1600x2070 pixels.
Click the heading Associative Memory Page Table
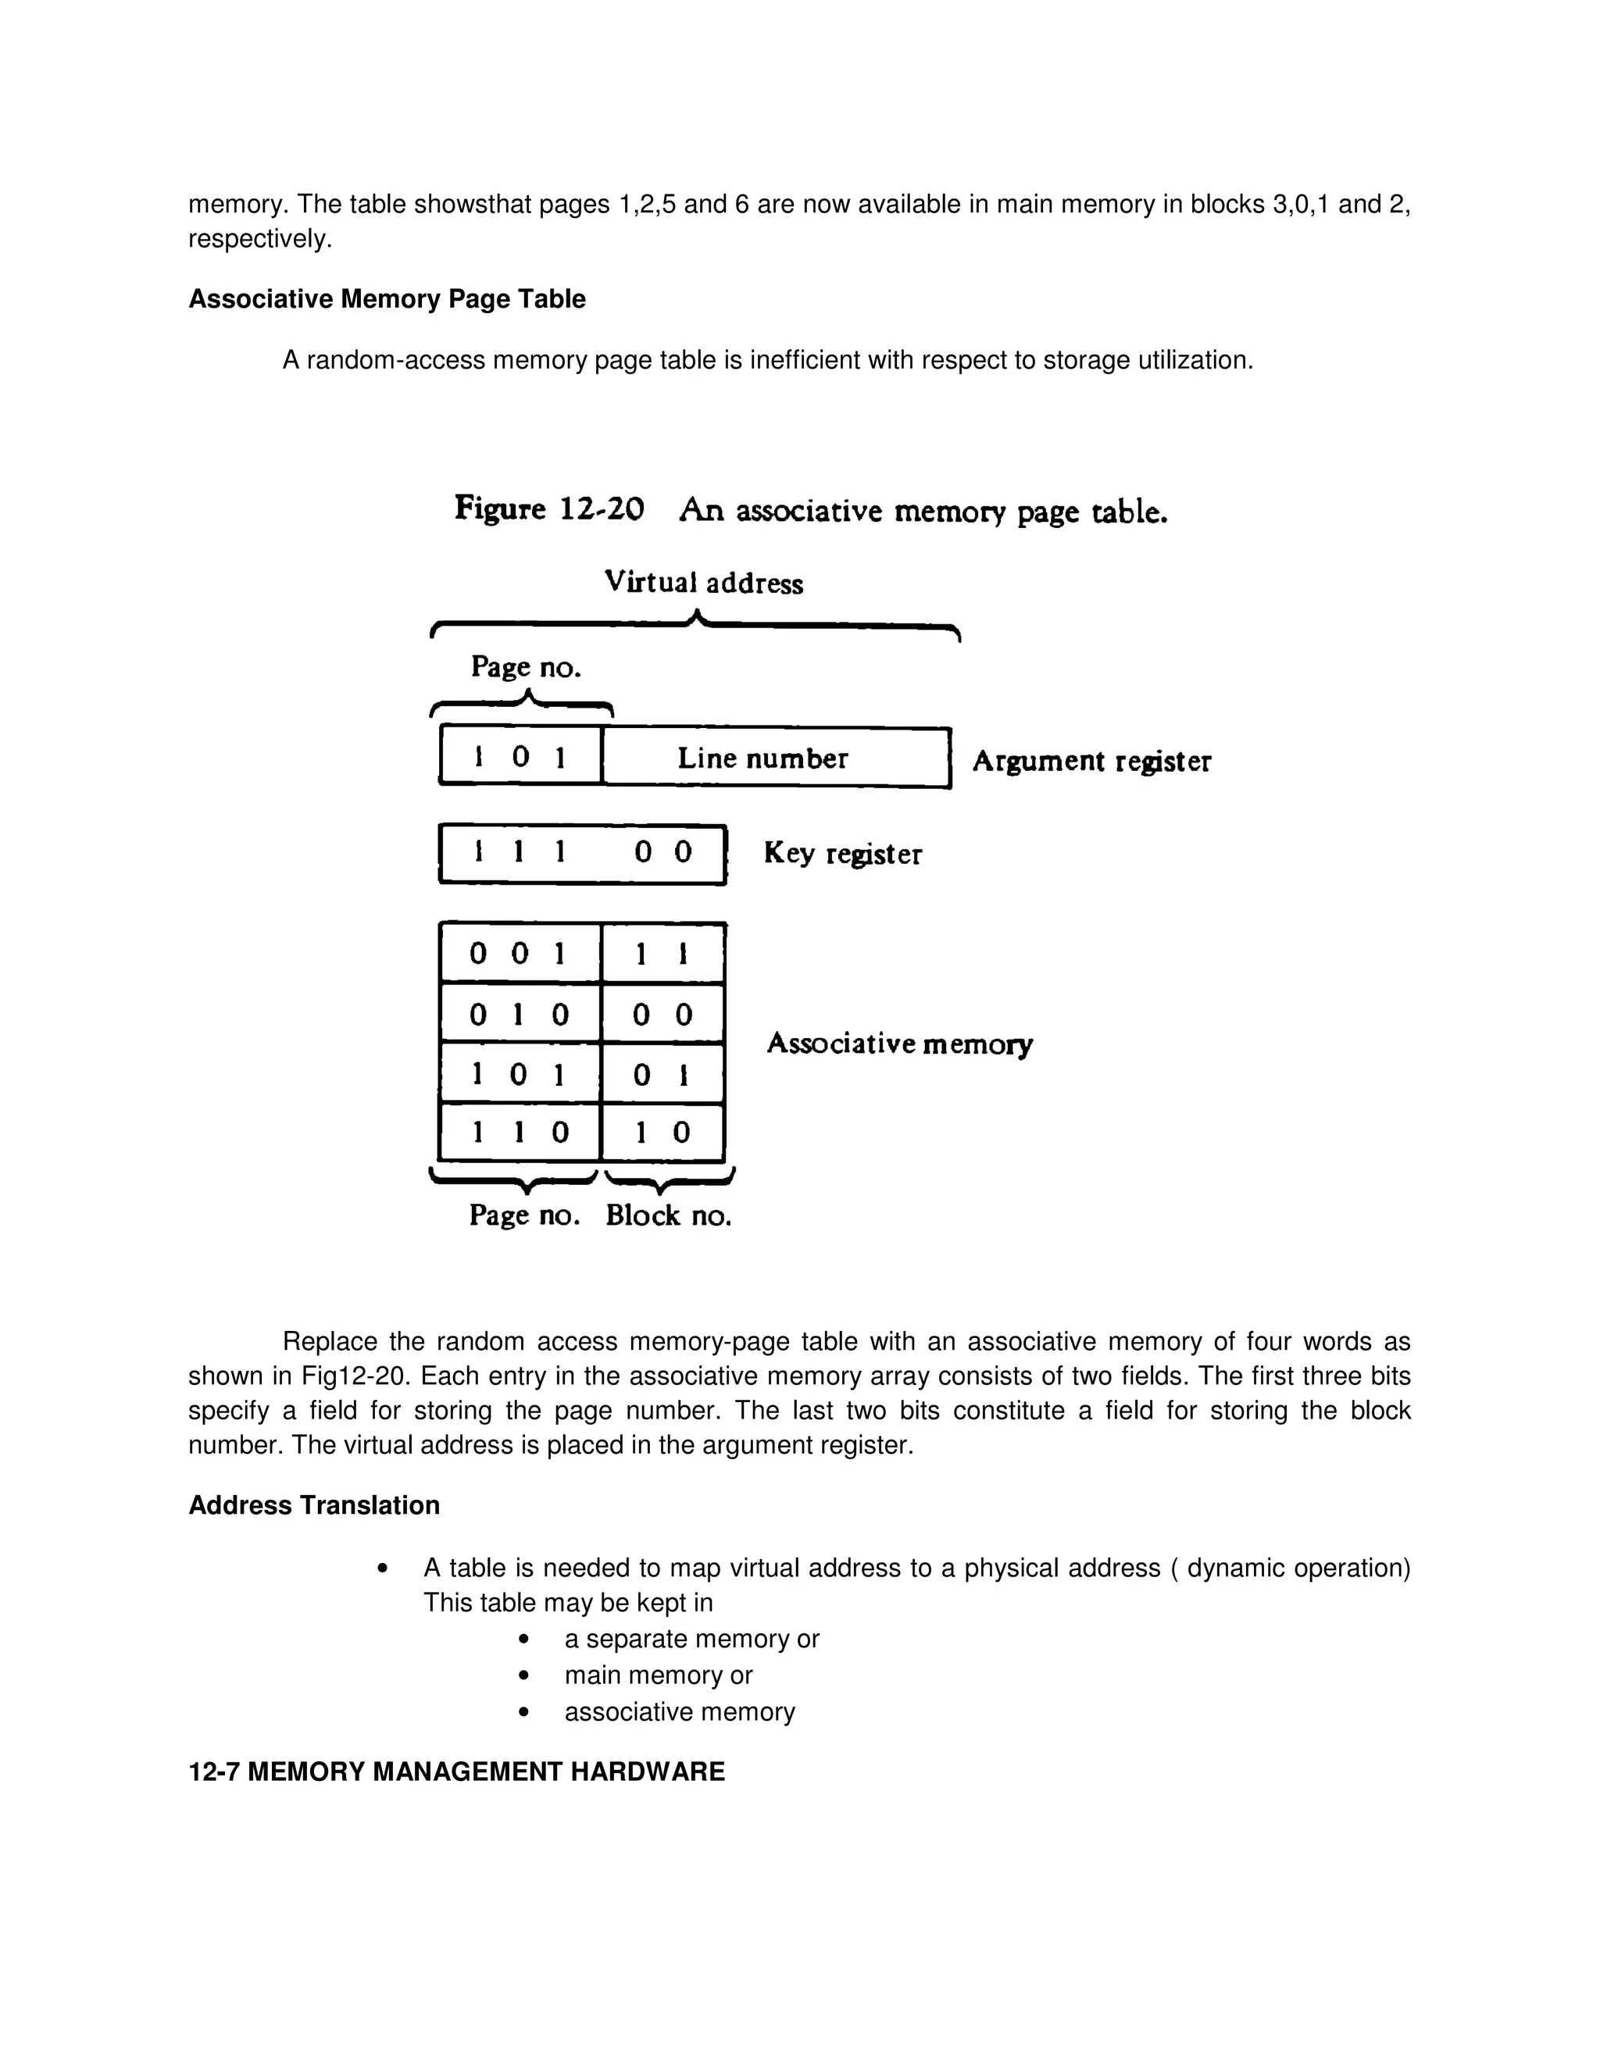pos(387,299)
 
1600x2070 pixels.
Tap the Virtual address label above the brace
pos(703,582)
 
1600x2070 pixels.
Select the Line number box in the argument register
pos(775,758)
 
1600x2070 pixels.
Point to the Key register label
pos(841,854)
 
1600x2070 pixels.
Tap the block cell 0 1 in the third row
pos(662,1075)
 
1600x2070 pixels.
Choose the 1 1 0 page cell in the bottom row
pos(519,1133)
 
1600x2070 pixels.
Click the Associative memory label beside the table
pos(898,1044)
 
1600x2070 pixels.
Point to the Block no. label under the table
pos(668,1216)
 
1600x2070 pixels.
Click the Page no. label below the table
pos(524,1216)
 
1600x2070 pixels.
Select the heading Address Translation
pos(314,1505)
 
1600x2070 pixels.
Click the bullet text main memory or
pos(658,1675)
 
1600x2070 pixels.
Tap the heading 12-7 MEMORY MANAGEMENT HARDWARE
pos(456,1772)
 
